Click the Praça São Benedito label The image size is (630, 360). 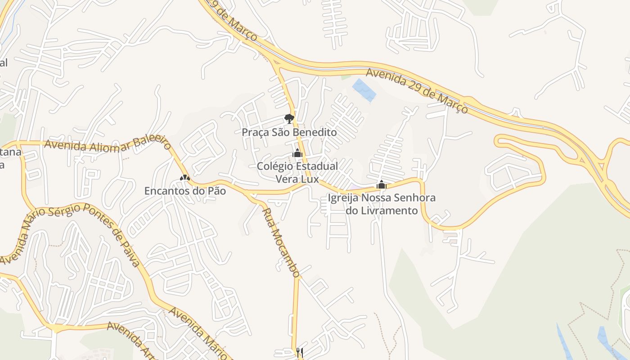[x=289, y=132]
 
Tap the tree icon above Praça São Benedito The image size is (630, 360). [x=289, y=119]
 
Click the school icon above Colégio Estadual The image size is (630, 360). [x=297, y=153]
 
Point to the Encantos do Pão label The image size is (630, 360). [x=185, y=191]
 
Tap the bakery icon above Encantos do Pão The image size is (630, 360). [x=184, y=178]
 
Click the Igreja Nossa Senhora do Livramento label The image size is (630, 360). [x=382, y=204]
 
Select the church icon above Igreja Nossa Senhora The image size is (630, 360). [x=382, y=184]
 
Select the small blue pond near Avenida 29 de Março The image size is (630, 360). [x=364, y=90]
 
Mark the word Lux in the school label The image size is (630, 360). [x=310, y=179]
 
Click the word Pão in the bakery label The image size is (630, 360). [x=216, y=191]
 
